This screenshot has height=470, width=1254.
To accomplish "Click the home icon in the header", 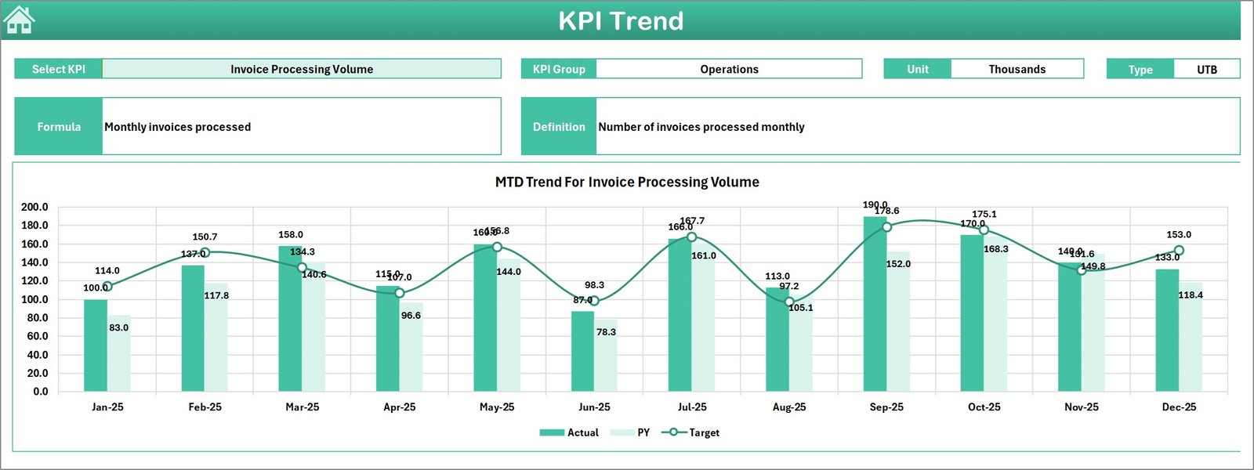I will click(19, 20).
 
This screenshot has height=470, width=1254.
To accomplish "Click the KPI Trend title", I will click(621, 21).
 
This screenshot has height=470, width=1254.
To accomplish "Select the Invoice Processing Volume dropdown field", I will click(302, 69).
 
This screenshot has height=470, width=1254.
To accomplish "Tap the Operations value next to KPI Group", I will click(729, 69).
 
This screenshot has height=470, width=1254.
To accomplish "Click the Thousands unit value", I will click(1017, 69).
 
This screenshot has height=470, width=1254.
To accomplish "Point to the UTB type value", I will click(1206, 69).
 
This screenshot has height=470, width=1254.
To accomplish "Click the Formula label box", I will click(59, 126).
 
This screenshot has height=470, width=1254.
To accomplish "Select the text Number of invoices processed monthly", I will click(701, 127).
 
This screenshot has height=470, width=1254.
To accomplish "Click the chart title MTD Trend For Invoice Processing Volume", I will click(627, 182).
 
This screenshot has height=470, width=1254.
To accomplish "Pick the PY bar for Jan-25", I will click(119, 353).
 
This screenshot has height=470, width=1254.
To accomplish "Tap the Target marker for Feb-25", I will click(205, 253).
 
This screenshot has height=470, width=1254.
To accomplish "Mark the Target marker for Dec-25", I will click(1179, 251).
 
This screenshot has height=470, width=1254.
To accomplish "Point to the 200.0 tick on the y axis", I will click(34, 207).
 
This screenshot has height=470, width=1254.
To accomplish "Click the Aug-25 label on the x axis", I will click(789, 407).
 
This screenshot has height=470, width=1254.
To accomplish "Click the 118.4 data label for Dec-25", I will click(1191, 295).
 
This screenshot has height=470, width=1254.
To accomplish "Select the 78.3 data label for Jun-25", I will click(606, 332).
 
